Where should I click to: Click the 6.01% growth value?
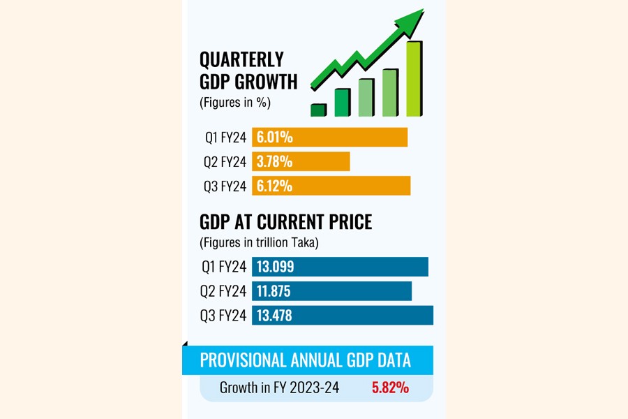[x=274, y=138]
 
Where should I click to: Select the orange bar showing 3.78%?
[x=301, y=162]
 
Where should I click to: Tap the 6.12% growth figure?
[x=274, y=186]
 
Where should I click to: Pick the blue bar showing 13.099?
[x=340, y=267]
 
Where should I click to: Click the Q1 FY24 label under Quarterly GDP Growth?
[x=225, y=138]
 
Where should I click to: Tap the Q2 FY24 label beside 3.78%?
[x=225, y=162]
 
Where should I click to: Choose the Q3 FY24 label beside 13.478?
[x=223, y=316]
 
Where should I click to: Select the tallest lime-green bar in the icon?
[x=414, y=78]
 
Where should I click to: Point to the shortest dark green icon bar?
[x=318, y=110]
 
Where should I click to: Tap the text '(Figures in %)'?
[x=235, y=103]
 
